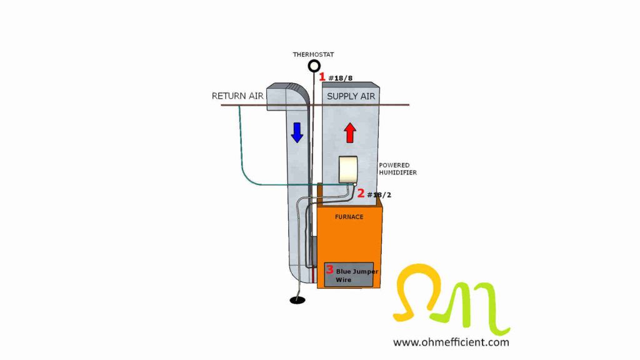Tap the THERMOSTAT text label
(x=313, y=55)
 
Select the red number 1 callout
(x=322, y=77)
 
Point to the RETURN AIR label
(x=237, y=96)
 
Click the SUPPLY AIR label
(x=351, y=96)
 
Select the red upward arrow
(x=350, y=132)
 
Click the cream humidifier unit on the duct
(x=347, y=169)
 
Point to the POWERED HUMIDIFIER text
(x=397, y=169)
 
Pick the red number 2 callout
(x=361, y=194)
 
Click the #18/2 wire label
(x=379, y=195)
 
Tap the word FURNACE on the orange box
(x=349, y=217)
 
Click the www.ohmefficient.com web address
(x=451, y=342)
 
